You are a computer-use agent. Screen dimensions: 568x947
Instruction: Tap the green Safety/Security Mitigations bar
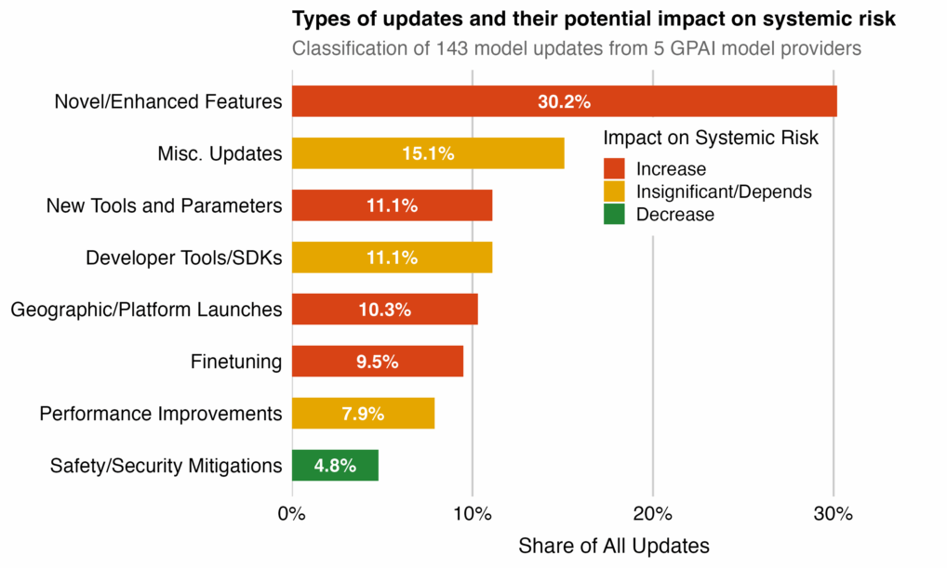pyautogui.click(x=335, y=466)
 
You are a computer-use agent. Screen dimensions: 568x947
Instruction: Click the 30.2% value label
pyautogui.click(x=564, y=101)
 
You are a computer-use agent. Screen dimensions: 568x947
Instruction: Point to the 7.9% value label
pyautogui.click(x=363, y=414)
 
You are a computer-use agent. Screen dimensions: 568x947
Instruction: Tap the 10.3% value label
pyautogui.click(x=384, y=310)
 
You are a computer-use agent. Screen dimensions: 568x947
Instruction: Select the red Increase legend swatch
pyautogui.click(x=614, y=169)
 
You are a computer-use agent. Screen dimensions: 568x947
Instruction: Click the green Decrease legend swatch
pyautogui.click(x=614, y=215)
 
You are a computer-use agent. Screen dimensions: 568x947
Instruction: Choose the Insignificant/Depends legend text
pyautogui.click(x=724, y=192)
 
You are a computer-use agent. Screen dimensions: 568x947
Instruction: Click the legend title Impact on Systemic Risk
pyautogui.click(x=711, y=139)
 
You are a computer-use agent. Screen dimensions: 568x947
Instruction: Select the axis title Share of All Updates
pyautogui.click(x=613, y=546)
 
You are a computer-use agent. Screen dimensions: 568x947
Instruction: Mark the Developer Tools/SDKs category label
pyautogui.click(x=183, y=258)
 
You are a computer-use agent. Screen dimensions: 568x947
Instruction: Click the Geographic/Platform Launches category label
pyautogui.click(x=146, y=310)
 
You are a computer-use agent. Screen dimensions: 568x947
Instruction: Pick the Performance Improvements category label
pyautogui.click(x=160, y=414)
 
